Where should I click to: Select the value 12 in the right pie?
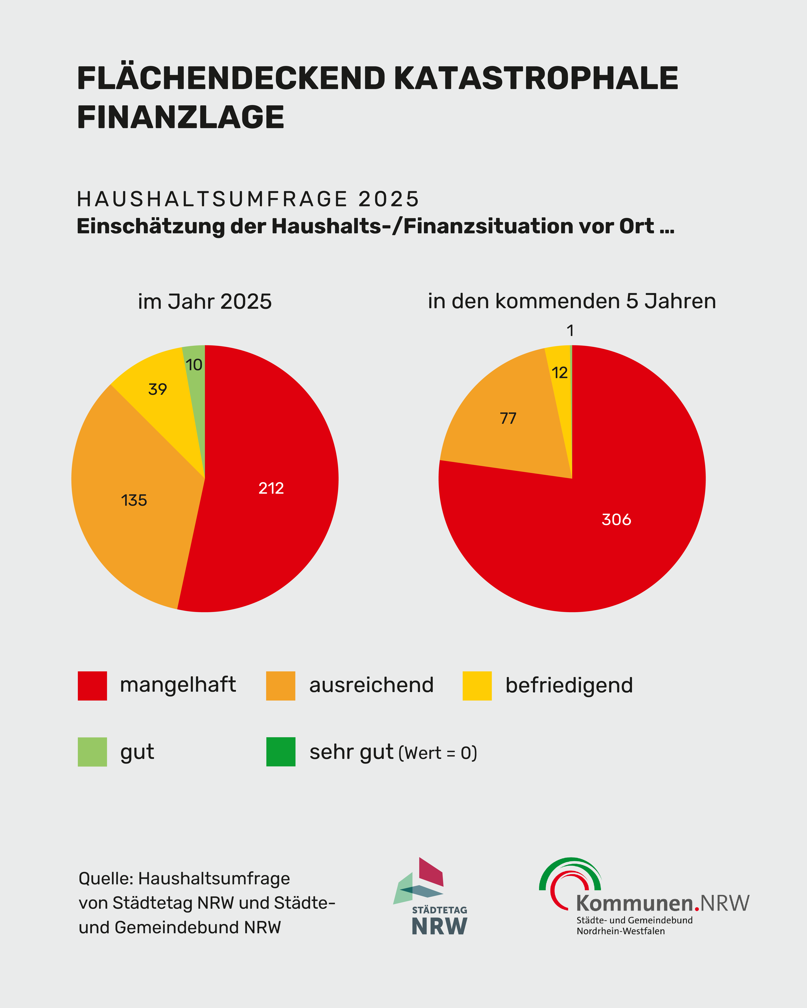[560, 373]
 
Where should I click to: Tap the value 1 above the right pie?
[570, 331]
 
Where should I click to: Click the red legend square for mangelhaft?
[92, 686]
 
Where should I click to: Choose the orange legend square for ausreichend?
[281, 686]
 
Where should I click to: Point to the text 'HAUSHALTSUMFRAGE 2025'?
[248, 199]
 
